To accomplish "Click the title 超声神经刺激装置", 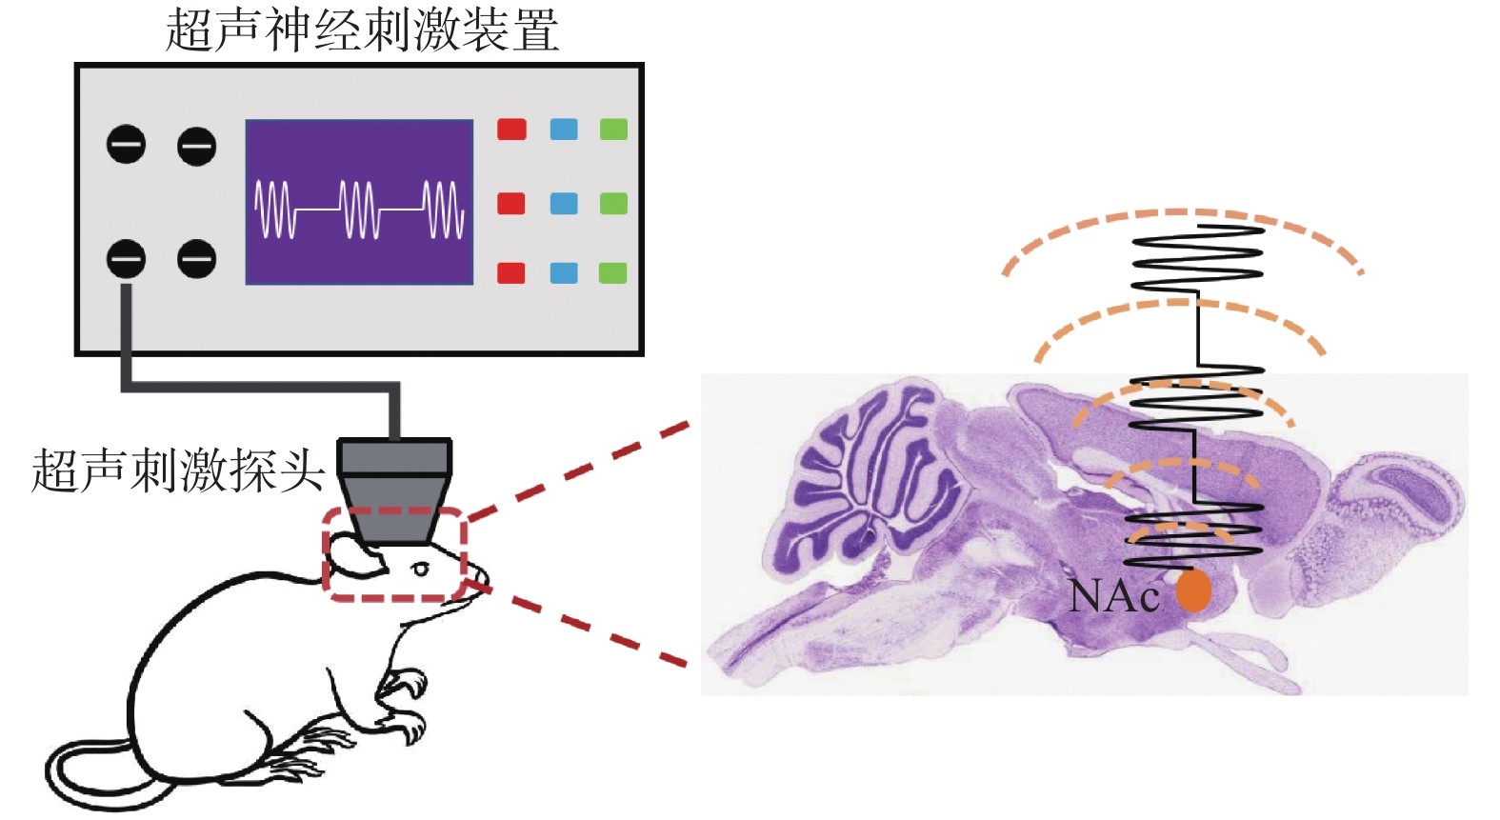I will coord(361,30).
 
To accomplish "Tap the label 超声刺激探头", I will coord(177,470).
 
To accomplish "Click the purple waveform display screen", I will coord(359,202).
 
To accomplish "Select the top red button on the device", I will coord(511,129).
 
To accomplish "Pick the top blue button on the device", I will coord(564,129).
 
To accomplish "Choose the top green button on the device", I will coord(613,129).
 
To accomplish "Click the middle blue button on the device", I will coord(564,203).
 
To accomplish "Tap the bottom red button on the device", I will coord(511,273).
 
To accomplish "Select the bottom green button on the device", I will coord(613,273).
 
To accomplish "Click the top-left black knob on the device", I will coord(126,145).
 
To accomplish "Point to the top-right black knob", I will coord(197,146).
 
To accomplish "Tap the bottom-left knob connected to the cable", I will coord(126,258).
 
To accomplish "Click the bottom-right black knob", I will coord(197,258).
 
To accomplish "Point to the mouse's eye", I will coord(420,570).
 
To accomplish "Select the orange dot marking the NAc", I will coord(1192,590).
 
